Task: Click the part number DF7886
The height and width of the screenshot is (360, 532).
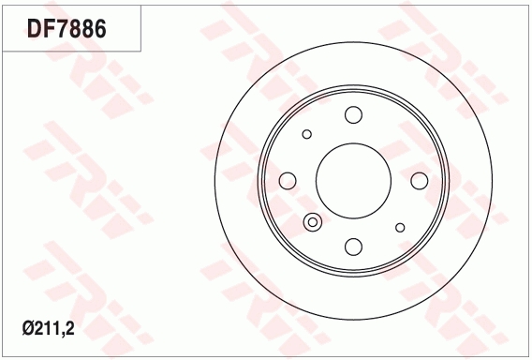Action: pos(66,28)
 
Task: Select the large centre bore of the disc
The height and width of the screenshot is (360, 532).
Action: pos(353,180)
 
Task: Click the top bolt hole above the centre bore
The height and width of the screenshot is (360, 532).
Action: pos(353,115)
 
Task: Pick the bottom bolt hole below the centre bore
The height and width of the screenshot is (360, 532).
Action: pos(353,246)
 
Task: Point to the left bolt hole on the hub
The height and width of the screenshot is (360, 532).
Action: pos(288,180)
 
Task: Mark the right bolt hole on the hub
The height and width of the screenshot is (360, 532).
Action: pos(419,180)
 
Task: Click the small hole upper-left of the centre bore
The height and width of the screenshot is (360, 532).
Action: pos(306,134)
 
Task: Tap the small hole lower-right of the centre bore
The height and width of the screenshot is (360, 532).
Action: pos(400,227)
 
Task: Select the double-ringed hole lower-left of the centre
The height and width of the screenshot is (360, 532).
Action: pos(313,222)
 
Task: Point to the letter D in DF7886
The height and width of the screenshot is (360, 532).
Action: pos(33,28)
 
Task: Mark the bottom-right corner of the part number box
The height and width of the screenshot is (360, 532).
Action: pos(141,51)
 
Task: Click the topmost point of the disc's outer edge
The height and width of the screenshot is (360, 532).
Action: pos(353,40)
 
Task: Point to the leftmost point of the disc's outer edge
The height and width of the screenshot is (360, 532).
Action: pos(214,180)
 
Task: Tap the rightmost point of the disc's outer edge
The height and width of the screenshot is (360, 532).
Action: pos(493,180)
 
